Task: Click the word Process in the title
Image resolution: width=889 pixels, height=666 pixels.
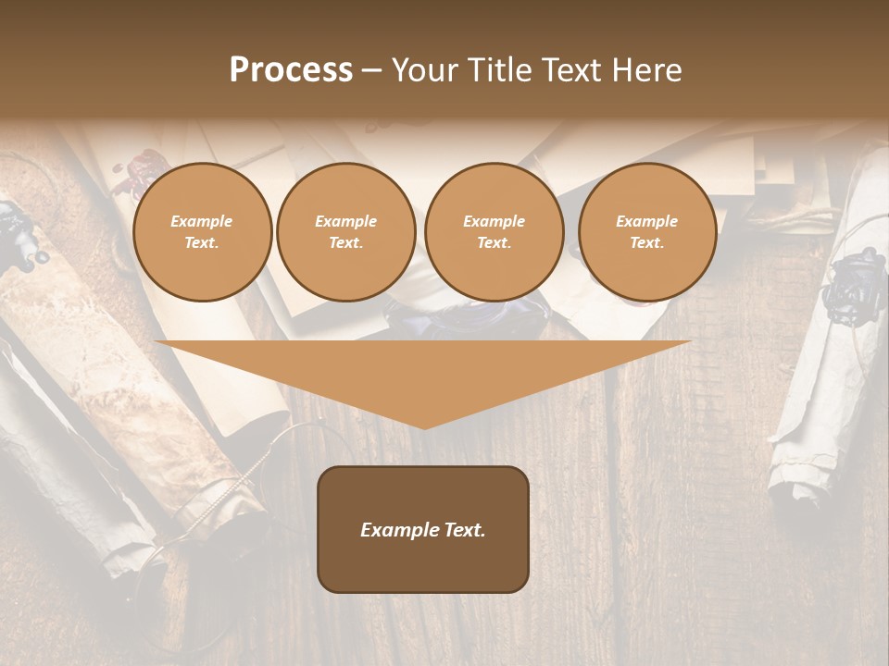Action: pyautogui.click(x=291, y=70)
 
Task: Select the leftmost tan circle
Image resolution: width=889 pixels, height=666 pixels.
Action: pyautogui.click(x=203, y=232)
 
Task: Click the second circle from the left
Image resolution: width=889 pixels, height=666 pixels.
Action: pyautogui.click(x=346, y=232)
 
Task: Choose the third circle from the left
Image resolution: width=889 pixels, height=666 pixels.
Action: pyautogui.click(x=495, y=232)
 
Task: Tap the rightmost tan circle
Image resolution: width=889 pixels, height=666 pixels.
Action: pyautogui.click(x=647, y=232)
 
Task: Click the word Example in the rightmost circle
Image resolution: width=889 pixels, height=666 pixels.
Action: pyautogui.click(x=647, y=221)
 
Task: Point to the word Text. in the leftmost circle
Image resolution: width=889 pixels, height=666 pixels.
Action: pyautogui.click(x=202, y=243)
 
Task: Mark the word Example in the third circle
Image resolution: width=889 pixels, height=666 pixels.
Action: pyautogui.click(x=495, y=221)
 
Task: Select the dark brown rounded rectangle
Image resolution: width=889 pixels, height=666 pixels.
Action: pyautogui.click(x=423, y=529)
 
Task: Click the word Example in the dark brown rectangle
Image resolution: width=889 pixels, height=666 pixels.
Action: pyautogui.click(x=398, y=530)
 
